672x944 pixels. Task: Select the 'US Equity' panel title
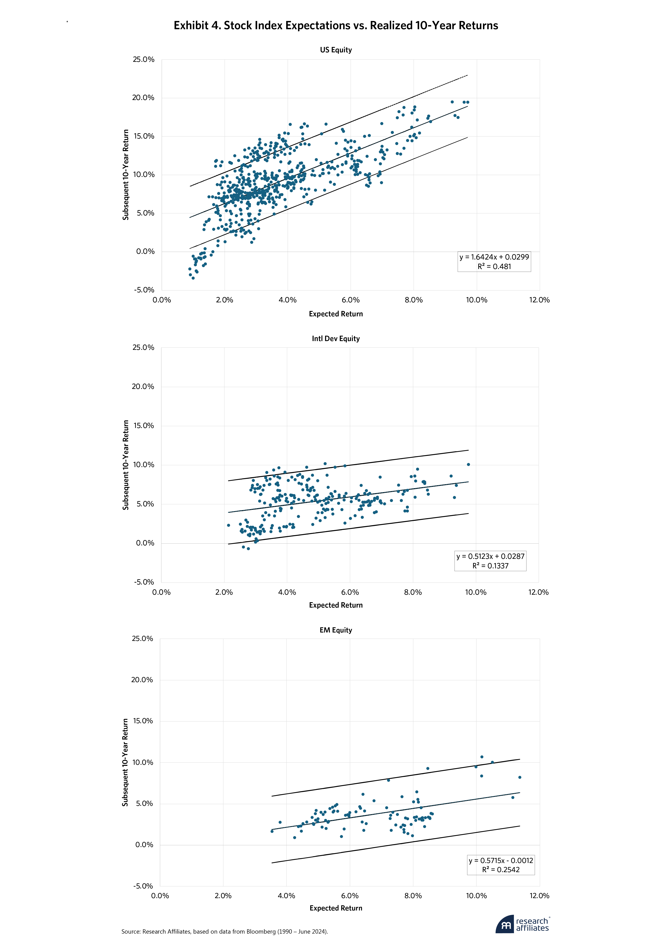click(336, 50)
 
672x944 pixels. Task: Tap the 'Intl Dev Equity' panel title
click(336, 339)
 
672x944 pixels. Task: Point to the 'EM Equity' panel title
click(336, 630)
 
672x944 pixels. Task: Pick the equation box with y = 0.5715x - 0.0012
click(501, 865)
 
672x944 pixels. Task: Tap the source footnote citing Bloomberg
click(224, 932)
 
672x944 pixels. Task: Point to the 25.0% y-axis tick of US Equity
click(143, 60)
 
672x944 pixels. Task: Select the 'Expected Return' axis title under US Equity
click(336, 314)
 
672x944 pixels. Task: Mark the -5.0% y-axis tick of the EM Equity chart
click(143, 886)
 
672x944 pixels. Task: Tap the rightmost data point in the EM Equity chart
click(520, 777)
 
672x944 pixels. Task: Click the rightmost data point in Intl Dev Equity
click(468, 464)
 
